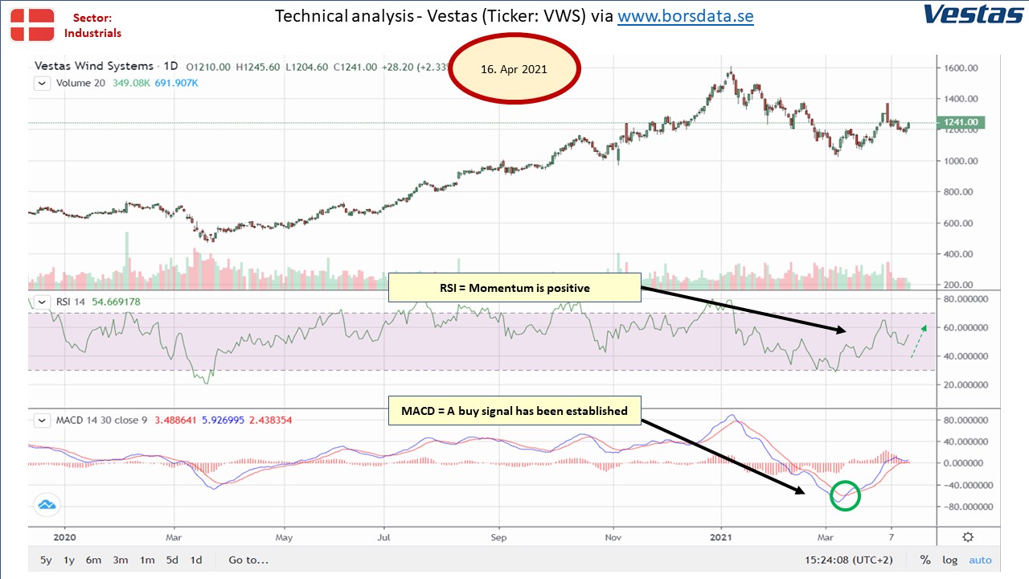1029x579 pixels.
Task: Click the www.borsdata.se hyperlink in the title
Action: click(x=686, y=17)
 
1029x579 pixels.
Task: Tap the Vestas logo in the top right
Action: click(x=974, y=14)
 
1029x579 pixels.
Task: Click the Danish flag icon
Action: click(x=32, y=25)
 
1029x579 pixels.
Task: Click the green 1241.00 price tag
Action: click(x=961, y=122)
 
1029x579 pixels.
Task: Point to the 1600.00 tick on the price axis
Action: click(x=961, y=68)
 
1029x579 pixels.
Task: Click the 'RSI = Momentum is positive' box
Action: click(x=514, y=288)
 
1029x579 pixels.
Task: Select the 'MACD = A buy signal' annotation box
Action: click(x=514, y=410)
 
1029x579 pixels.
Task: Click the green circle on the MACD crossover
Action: click(x=845, y=482)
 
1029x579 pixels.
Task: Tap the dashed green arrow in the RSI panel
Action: click(x=918, y=341)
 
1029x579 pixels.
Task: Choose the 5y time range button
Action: click(x=46, y=560)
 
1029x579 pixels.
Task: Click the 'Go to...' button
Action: click(x=248, y=560)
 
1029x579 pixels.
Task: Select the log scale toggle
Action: click(x=950, y=560)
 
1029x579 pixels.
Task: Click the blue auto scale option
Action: click(x=980, y=560)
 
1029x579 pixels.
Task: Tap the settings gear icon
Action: click(x=968, y=536)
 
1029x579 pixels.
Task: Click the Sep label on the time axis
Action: click(x=498, y=537)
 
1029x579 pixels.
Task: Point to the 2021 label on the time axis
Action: click(x=721, y=536)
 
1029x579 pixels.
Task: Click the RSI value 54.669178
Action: click(x=117, y=302)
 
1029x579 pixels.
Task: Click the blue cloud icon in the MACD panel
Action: click(x=47, y=504)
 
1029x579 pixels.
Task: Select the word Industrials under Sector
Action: click(x=92, y=33)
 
